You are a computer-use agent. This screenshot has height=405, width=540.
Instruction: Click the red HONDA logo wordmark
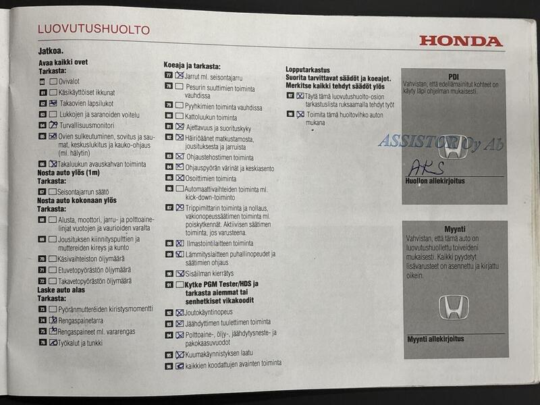point(461,41)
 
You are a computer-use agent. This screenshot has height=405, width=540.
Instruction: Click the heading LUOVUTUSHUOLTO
point(93,30)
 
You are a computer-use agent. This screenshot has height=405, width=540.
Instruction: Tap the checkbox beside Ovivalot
point(53,81)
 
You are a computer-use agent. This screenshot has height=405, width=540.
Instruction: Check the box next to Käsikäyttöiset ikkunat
point(53,92)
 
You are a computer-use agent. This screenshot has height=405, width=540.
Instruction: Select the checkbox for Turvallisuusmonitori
point(53,125)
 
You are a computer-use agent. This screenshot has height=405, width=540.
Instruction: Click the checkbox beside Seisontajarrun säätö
point(53,192)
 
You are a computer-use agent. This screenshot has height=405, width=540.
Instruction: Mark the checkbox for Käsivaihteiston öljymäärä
point(53,258)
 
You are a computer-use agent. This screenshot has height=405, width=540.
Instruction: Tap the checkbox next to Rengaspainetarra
point(53,320)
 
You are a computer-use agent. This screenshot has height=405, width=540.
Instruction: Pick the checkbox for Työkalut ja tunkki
point(53,343)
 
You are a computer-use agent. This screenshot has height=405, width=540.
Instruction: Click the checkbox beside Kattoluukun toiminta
point(179,116)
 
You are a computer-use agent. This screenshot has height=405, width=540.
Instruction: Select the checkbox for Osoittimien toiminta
point(180,178)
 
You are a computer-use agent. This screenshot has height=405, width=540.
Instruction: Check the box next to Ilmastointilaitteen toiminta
point(180,243)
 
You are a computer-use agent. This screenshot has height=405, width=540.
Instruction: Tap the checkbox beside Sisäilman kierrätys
point(180,273)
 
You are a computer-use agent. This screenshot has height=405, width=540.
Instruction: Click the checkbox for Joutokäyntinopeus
point(180,313)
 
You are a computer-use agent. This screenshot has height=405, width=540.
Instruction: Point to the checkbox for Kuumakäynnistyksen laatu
point(180,354)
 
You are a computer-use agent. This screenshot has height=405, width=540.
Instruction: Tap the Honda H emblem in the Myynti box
point(454,307)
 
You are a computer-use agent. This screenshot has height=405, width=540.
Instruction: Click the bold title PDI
point(453,77)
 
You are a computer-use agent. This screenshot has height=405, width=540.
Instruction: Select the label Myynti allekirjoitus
point(435,340)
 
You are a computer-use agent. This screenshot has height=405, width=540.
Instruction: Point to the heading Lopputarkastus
point(307,70)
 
